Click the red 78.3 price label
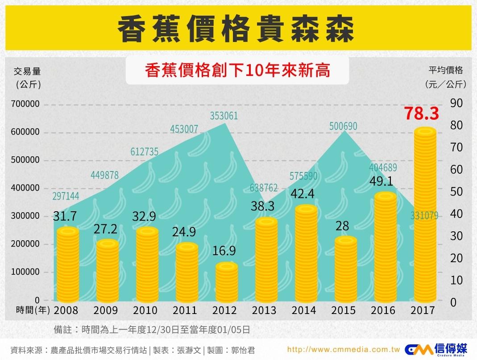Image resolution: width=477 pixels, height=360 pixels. [422, 114]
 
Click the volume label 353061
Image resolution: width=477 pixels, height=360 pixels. [224, 116]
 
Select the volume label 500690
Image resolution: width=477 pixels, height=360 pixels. [343, 126]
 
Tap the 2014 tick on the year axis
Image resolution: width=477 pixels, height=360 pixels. [303, 310]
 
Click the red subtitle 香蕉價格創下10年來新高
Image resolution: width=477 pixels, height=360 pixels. [237, 71]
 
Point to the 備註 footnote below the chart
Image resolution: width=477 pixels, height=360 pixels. [151, 330]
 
